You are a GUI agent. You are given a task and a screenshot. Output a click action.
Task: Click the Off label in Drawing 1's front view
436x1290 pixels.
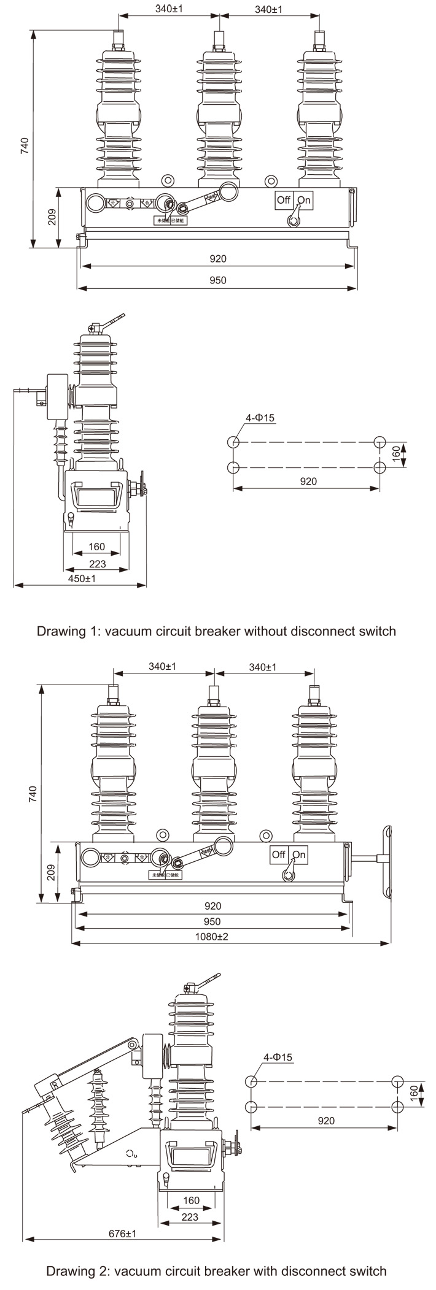[283, 200]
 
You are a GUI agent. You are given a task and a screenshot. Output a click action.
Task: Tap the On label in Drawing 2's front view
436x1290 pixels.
[299, 854]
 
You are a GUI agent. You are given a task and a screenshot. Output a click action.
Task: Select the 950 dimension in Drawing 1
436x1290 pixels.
[218, 280]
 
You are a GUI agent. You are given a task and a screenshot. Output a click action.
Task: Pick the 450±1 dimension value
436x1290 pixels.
[81, 578]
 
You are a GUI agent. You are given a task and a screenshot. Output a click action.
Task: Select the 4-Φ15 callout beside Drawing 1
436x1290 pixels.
[260, 418]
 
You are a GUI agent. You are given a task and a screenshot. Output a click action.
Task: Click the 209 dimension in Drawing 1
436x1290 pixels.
[52, 217]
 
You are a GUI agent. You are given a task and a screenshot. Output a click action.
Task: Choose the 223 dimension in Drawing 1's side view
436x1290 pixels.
[97, 564]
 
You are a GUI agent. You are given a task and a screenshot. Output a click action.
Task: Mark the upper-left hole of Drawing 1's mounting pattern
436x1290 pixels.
[233, 442]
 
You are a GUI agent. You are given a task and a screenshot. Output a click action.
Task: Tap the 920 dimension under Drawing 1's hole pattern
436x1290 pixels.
[308, 482]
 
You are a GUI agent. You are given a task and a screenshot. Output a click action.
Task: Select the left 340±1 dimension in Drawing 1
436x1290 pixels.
[169, 9]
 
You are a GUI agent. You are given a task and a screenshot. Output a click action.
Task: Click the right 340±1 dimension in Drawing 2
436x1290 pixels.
[263, 667]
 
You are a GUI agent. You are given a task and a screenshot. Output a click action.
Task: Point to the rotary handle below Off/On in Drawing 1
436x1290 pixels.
[294, 217]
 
